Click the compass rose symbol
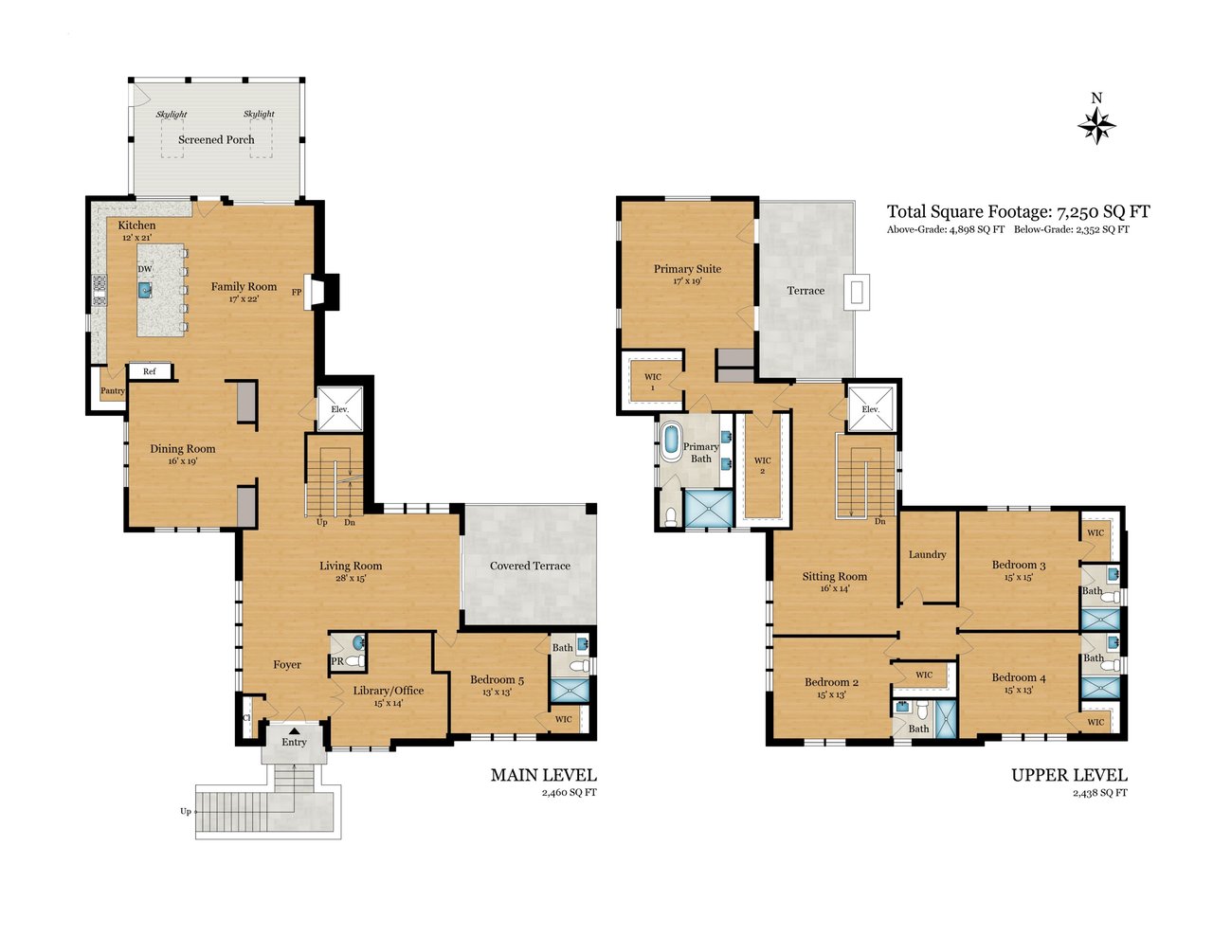(1095, 126)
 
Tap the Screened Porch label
(216, 139)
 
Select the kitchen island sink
(145, 290)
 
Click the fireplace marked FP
(321, 291)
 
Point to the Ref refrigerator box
(150, 371)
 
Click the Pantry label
(112, 390)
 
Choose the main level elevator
(340, 409)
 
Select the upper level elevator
(870, 409)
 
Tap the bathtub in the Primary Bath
(670, 442)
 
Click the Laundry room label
(927, 554)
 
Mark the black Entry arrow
(294, 730)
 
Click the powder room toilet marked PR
(354, 661)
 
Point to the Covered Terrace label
(530, 566)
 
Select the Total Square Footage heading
(1018, 212)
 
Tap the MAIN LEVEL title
(543, 775)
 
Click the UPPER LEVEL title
(1069, 775)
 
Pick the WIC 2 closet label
(762, 465)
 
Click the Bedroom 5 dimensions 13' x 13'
(497, 692)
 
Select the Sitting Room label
(835, 576)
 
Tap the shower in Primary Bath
(708, 508)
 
